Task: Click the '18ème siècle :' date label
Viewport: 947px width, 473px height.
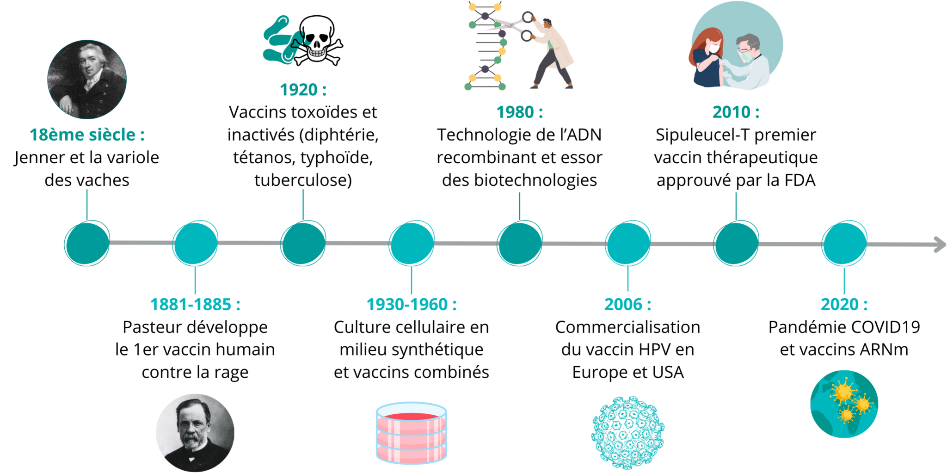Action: pyautogui.click(x=87, y=135)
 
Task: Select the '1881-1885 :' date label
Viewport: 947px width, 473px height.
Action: pyautogui.click(x=196, y=305)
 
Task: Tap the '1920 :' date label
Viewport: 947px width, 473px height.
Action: pyautogui.click(x=303, y=89)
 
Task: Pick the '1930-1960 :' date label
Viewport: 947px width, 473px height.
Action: pyautogui.click(x=412, y=305)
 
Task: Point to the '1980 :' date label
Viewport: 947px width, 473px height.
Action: pyautogui.click(x=520, y=112)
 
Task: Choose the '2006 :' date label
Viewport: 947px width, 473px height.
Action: pyautogui.click(x=627, y=305)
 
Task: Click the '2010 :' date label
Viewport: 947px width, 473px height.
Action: pyautogui.click(x=736, y=112)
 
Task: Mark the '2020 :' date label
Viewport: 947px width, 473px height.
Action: pyautogui.click(x=844, y=305)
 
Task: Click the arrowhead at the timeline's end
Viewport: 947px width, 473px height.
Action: pyautogui.click(x=940, y=244)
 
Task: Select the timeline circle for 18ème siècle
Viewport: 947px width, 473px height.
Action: pyautogui.click(x=87, y=244)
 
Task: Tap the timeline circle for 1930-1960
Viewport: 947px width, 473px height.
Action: pyautogui.click(x=412, y=244)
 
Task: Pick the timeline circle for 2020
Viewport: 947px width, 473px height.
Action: pyautogui.click(x=844, y=244)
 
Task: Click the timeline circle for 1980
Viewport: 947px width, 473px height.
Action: pyautogui.click(x=520, y=244)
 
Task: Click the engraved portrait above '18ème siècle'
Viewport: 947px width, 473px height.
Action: pyautogui.click(x=87, y=79)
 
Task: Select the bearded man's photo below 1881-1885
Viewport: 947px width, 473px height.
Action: pyautogui.click(x=195, y=432)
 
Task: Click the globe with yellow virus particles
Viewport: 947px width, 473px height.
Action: pyautogui.click(x=844, y=404)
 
